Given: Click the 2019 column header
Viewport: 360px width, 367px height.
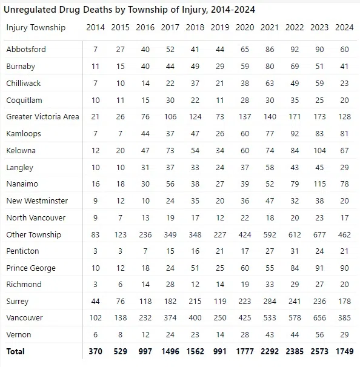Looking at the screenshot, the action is point(220,27).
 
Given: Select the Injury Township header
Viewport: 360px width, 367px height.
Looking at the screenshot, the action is point(36,28).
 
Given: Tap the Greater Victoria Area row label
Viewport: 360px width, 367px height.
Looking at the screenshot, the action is point(42,116).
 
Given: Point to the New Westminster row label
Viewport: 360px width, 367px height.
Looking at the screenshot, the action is point(37,200).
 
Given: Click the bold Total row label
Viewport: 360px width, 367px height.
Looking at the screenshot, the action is point(16,351).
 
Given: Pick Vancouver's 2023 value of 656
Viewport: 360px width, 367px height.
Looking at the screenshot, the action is point(319,317).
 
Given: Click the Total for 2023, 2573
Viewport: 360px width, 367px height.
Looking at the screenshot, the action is point(319,351).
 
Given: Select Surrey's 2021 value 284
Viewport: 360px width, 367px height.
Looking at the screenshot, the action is point(270,301).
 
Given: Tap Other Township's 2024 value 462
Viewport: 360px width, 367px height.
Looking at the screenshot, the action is point(344,234).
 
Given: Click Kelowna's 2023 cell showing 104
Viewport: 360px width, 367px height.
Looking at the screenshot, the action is point(319,150).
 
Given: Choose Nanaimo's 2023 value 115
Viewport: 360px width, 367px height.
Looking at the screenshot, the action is point(319,183).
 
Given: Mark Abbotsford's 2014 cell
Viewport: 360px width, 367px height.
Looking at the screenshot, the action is point(95,50).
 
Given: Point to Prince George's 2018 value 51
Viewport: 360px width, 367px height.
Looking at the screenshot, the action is point(195,268).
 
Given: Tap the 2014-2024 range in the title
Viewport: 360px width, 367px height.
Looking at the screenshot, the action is point(233,10).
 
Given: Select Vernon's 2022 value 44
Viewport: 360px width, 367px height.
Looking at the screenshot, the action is point(295,334).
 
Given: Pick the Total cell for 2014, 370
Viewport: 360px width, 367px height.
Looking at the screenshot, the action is point(95,351).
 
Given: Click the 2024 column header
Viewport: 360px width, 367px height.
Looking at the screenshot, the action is point(344,27).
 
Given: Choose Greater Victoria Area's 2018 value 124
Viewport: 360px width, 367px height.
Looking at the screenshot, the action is point(195,116).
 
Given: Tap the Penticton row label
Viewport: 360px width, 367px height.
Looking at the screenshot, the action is point(22,251).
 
